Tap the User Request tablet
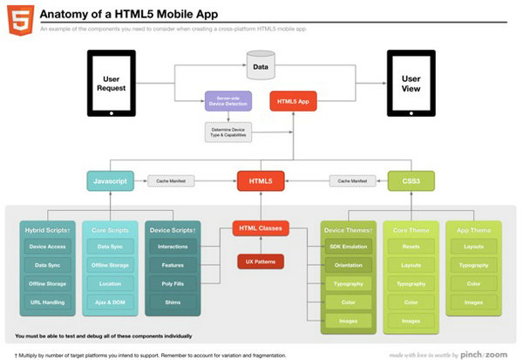pyautogui.click(x=110, y=84)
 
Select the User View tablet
pyautogui.click(x=411, y=84)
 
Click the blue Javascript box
pyautogui.click(x=110, y=180)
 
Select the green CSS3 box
pyautogui.click(x=411, y=180)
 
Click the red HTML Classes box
pyautogui.click(x=261, y=229)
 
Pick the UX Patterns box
pyautogui.click(x=261, y=260)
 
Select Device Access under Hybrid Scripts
pyautogui.click(x=48, y=247)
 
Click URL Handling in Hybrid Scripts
pyautogui.click(x=48, y=302)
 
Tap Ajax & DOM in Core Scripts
pyautogui.click(x=110, y=302)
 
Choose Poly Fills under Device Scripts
pyautogui.click(x=173, y=283)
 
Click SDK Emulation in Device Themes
pyautogui.click(x=348, y=248)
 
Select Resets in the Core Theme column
pyautogui.click(x=411, y=247)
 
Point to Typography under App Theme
pyautogui.click(x=473, y=265)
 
